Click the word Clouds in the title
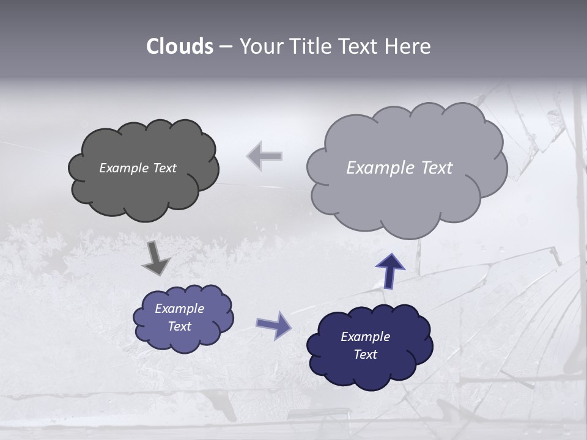click(x=180, y=46)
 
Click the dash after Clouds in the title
click(x=225, y=47)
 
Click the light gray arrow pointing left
click(x=264, y=156)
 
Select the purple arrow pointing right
click(x=273, y=324)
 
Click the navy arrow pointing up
click(x=390, y=270)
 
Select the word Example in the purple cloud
click(x=179, y=309)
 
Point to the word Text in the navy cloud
click(x=365, y=354)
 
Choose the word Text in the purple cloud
click(x=179, y=326)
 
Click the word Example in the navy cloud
click(x=365, y=337)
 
